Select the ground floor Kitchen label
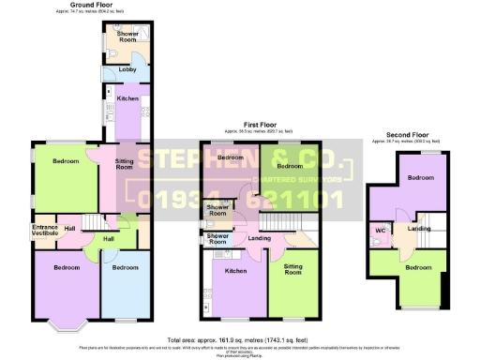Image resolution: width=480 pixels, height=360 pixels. (127, 98)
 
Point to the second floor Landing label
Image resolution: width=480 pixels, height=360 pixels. (418, 228)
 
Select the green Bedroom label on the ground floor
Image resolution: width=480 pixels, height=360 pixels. (66, 161)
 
